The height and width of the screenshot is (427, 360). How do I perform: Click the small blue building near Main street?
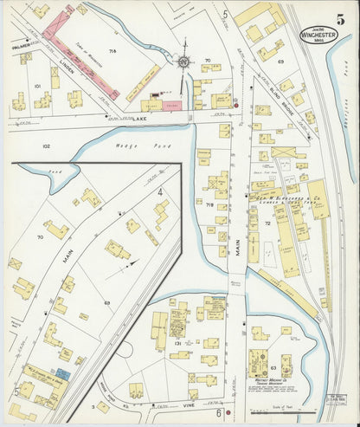[61, 373]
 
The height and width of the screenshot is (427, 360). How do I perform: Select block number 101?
[37, 87]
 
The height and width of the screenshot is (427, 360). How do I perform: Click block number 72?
[267, 223]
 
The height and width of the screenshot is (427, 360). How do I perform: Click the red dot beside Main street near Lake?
[235, 104]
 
